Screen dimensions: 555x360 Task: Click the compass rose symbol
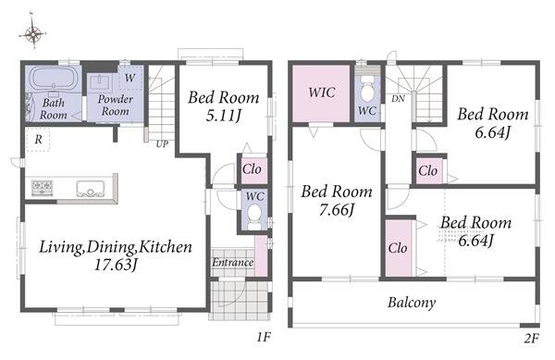(x=33, y=32)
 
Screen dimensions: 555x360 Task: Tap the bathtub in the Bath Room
(x=54, y=79)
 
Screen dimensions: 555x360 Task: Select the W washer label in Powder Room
(x=129, y=78)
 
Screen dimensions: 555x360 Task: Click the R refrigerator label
(x=38, y=140)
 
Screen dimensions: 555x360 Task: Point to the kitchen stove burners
(x=43, y=187)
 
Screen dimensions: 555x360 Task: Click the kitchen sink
(x=91, y=188)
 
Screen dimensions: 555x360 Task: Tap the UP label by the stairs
(x=162, y=144)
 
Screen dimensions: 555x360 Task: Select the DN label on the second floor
(x=398, y=99)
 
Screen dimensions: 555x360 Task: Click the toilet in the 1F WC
(x=253, y=217)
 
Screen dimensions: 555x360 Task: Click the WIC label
(x=322, y=93)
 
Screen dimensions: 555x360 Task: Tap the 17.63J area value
(x=116, y=265)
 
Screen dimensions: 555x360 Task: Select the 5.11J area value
(x=223, y=115)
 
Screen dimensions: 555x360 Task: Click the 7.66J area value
(x=337, y=209)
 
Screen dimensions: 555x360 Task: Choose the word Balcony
(x=412, y=303)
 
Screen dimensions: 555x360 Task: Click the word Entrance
(x=232, y=262)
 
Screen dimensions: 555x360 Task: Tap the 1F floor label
(x=264, y=337)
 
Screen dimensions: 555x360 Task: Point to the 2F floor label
(x=531, y=339)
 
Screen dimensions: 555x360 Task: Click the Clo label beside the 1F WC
(x=252, y=169)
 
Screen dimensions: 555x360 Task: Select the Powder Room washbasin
(x=101, y=82)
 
